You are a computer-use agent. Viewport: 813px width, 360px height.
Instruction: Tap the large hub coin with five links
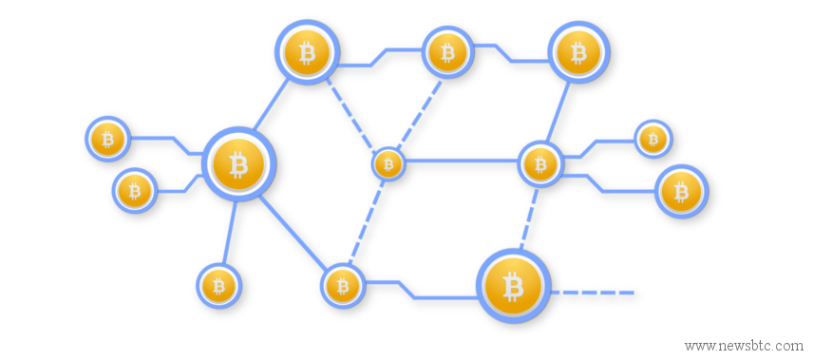[x=238, y=165]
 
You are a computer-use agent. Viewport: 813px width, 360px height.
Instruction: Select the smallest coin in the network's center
[x=388, y=164]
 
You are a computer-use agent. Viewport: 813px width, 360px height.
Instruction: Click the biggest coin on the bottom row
[x=513, y=285]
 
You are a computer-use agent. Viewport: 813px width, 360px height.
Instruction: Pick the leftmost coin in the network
[x=107, y=139]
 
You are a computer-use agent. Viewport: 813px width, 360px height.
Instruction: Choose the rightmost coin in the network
[x=681, y=193]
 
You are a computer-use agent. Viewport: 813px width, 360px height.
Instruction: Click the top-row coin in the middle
[x=446, y=52]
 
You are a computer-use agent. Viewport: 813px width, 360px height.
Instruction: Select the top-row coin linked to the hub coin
[x=307, y=52]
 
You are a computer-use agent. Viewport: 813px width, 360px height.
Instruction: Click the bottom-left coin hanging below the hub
[x=219, y=285]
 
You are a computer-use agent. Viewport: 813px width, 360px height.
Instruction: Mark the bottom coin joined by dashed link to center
[x=343, y=284]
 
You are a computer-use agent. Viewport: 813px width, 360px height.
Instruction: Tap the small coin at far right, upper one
[x=652, y=139]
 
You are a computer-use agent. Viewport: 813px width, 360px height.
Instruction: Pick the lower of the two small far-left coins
[x=135, y=191]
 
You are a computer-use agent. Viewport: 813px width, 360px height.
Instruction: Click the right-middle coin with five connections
[x=540, y=164]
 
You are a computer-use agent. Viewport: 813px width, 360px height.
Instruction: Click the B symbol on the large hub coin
[x=238, y=165]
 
